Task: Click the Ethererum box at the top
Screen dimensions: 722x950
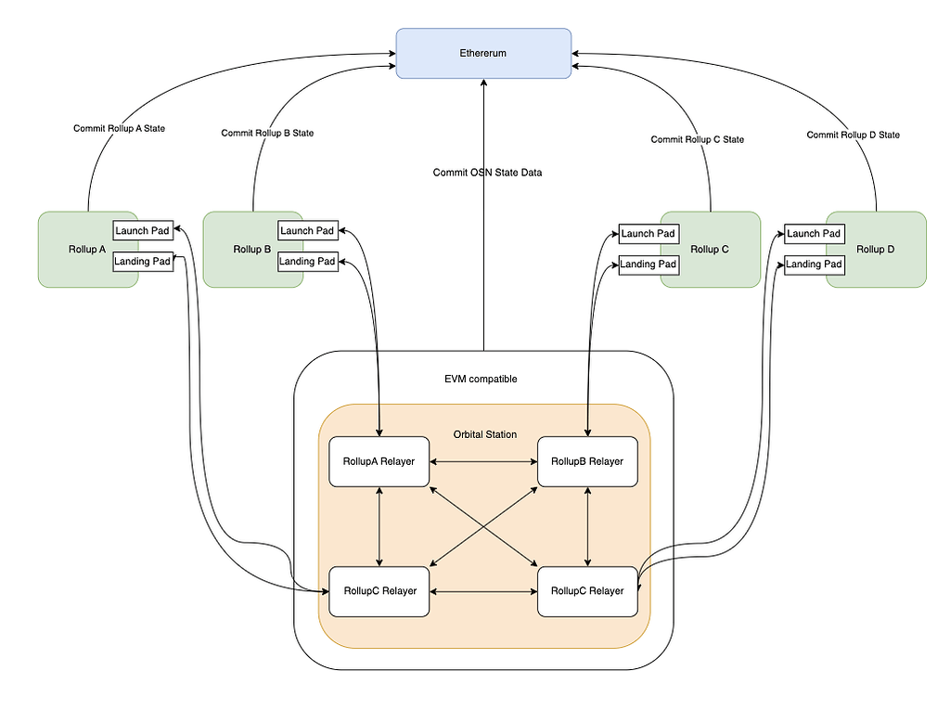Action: point(483,53)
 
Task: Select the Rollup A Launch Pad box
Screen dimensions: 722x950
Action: point(143,230)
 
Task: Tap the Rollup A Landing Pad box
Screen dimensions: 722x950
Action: point(143,262)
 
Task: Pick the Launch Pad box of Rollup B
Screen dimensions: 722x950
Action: point(308,230)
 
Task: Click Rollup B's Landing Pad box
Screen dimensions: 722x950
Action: point(308,262)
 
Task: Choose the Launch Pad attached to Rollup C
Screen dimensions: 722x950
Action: point(648,234)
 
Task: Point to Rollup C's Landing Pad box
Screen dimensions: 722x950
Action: point(648,264)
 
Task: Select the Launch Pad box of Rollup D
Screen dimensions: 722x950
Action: point(814,234)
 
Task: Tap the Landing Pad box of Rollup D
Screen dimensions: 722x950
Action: point(814,264)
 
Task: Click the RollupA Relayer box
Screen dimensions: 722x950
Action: point(379,461)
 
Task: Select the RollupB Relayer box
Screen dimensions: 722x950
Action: point(587,461)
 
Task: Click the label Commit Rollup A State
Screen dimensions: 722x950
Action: point(119,128)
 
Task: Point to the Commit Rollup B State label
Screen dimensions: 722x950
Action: point(267,134)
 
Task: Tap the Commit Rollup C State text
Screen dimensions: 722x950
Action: point(697,139)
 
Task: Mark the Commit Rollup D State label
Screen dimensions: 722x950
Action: point(853,135)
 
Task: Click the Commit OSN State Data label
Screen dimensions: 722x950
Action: point(487,173)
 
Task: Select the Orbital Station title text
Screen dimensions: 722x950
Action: point(483,434)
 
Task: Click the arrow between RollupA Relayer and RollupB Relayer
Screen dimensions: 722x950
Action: point(483,461)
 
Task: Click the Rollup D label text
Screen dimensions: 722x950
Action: point(876,250)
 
